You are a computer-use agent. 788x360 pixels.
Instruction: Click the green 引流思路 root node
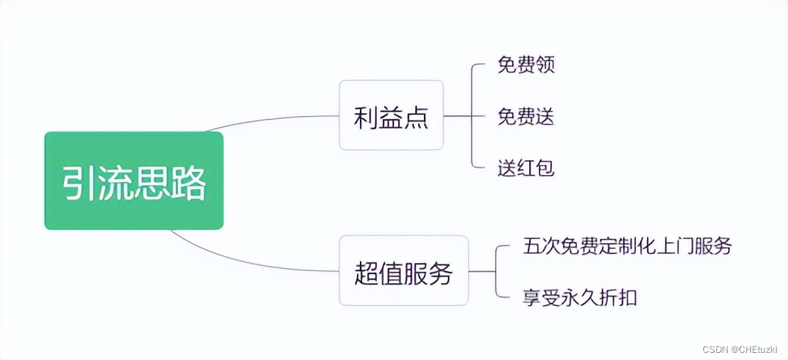(134, 181)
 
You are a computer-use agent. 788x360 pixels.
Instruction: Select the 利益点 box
(390, 115)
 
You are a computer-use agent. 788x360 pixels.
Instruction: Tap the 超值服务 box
(403, 271)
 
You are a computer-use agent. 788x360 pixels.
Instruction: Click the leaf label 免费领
(526, 65)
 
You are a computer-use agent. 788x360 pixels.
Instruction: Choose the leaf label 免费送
(526, 116)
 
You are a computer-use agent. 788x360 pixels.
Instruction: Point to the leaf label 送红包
(526, 168)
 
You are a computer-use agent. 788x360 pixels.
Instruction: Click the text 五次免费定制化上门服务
(627, 246)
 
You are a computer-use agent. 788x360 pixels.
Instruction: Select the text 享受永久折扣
(580, 297)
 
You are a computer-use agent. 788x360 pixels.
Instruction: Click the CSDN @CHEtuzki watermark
(740, 349)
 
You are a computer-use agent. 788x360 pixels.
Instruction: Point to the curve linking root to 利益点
(270, 119)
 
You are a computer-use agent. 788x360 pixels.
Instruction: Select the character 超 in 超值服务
(367, 272)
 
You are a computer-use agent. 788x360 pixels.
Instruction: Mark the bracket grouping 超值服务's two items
(496, 272)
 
